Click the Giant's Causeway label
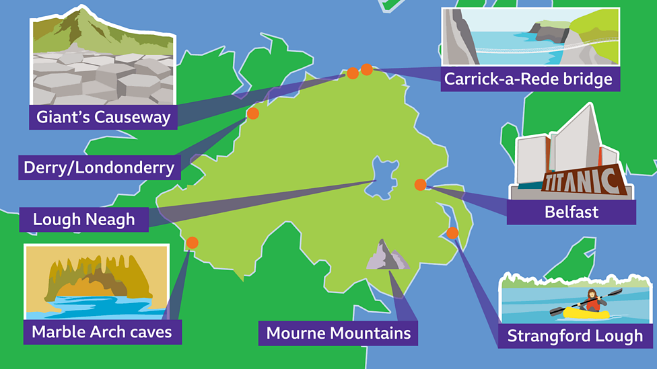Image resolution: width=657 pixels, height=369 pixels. tap(103, 117)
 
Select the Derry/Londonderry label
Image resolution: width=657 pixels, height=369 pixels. tap(99, 167)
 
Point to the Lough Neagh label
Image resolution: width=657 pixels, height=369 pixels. tap(83, 219)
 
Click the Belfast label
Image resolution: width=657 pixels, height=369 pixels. tap(571, 212)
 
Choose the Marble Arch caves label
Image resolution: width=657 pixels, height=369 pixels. tap(102, 331)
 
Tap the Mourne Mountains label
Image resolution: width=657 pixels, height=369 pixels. tap(338, 333)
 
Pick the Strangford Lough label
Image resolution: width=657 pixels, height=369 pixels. tap(575, 335)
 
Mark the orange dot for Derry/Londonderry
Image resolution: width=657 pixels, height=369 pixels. tap(253, 114)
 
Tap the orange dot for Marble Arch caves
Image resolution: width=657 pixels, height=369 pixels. tap(192, 243)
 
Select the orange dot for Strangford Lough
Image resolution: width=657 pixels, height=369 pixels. tap(452, 233)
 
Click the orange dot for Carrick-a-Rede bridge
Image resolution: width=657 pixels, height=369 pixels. tap(367, 69)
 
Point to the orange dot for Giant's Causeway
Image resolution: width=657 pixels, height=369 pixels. tap(352, 73)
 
